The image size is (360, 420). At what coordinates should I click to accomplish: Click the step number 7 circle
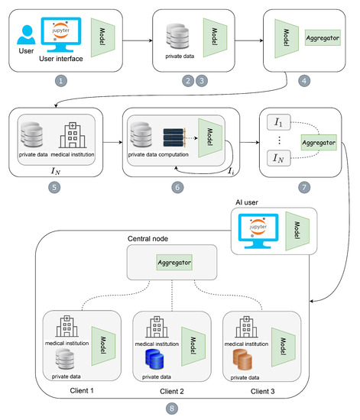click(305, 186)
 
